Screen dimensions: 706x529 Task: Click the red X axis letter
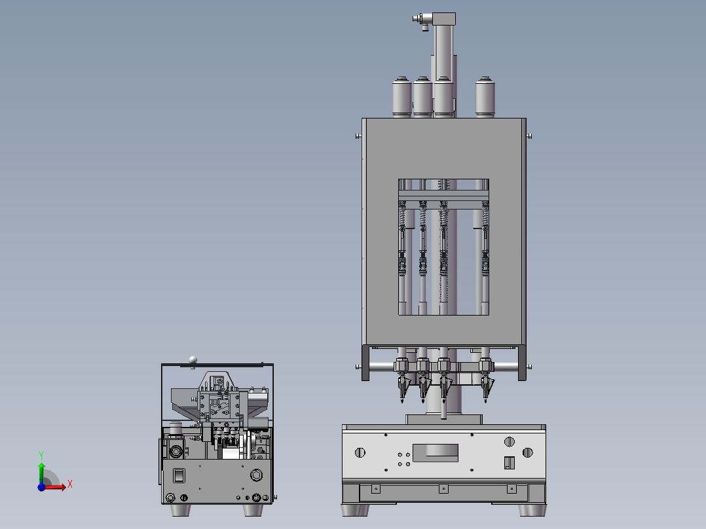[70, 484]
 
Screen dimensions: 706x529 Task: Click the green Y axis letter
[41, 455]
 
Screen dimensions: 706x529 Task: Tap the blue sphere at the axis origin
[41, 486]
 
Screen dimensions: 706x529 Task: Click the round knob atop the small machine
[193, 359]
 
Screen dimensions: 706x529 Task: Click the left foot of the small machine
[180, 510]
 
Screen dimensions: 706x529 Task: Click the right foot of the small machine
[253, 510]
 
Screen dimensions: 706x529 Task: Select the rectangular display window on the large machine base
[436, 453]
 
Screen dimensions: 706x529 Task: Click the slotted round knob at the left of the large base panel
[360, 452]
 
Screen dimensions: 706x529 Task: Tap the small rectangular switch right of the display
[510, 462]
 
